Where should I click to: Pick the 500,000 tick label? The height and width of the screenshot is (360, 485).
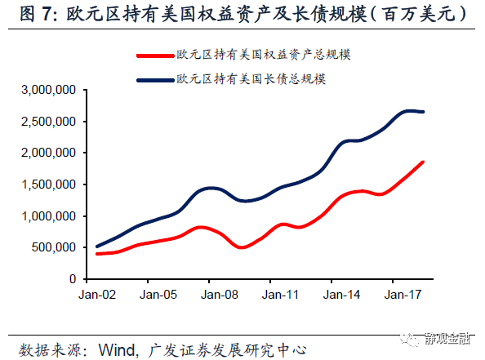point(54,247)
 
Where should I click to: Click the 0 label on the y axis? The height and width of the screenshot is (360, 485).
point(72,279)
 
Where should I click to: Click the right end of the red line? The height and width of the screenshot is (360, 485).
point(423,162)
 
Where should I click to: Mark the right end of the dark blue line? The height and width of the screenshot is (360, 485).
point(423,112)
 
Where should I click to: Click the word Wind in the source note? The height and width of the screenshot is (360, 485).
point(116,349)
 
